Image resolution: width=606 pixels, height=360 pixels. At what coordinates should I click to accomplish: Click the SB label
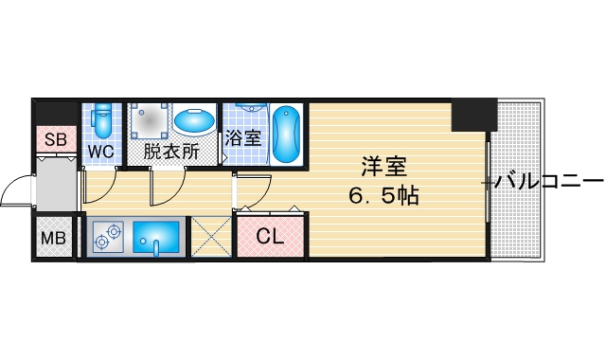point(56,139)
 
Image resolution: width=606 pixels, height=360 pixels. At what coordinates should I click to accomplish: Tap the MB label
point(53,238)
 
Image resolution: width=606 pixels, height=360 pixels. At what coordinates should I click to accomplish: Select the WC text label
point(101,152)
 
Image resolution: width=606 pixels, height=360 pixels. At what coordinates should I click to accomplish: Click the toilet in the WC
point(102,120)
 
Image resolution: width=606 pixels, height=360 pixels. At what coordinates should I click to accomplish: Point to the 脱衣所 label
point(171,152)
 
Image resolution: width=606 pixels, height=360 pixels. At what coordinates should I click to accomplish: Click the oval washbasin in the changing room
point(194,120)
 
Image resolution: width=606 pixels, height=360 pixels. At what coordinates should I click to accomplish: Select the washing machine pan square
point(149,121)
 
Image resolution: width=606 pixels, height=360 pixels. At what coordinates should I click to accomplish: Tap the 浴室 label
point(243,138)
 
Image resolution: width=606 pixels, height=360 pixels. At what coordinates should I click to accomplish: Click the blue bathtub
point(286,134)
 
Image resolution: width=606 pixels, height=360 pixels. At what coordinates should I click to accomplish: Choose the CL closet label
point(271,236)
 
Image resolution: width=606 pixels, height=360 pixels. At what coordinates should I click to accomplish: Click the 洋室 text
point(383,167)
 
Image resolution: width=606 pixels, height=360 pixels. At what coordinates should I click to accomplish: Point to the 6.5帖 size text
point(383,196)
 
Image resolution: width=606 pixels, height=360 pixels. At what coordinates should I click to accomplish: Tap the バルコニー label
point(549,181)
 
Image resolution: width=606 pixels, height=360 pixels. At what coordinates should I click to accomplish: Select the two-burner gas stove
point(108,236)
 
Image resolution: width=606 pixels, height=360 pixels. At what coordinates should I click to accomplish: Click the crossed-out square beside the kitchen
point(211,236)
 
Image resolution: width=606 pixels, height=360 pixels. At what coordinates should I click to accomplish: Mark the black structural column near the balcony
point(474,115)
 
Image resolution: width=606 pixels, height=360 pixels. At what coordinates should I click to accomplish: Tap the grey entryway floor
point(57,185)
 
